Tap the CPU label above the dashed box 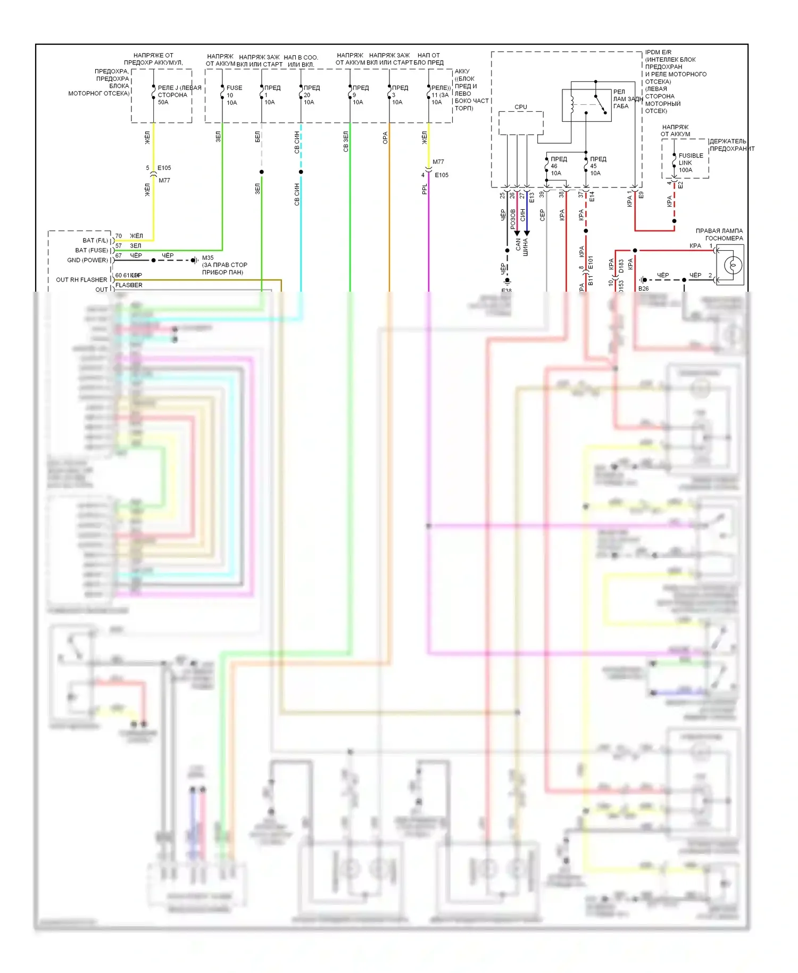(x=521, y=107)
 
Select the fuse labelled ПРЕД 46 (x=547, y=166)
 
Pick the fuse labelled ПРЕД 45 (x=586, y=166)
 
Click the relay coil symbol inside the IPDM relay (x=572, y=104)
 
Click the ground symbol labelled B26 (x=644, y=280)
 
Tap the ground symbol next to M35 (x=195, y=260)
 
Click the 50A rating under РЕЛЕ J (x=163, y=102)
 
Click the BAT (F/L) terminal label (x=95, y=241)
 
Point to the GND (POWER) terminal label (x=87, y=260)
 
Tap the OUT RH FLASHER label (x=81, y=280)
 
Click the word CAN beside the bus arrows (x=518, y=244)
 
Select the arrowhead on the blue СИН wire (x=527, y=233)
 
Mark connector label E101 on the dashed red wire (x=590, y=263)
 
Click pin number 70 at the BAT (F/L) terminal (x=119, y=236)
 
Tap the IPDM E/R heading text (x=658, y=52)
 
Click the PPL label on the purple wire (x=425, y=189)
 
